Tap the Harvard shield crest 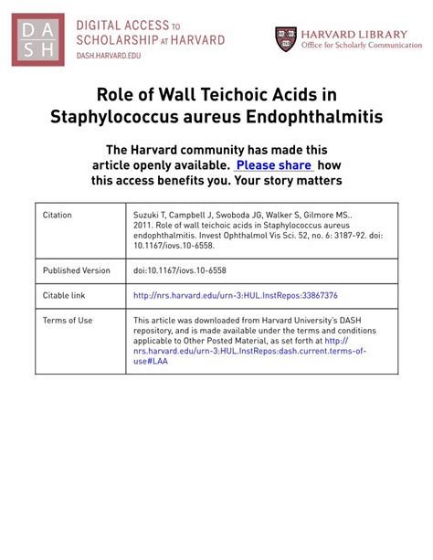(286, 38)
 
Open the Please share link (274, 165)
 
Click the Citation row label (58, 215)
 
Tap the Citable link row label (64, 295)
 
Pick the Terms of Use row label (68, 321)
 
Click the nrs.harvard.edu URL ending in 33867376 (236, 296)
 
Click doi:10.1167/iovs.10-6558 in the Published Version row (189, 270)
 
